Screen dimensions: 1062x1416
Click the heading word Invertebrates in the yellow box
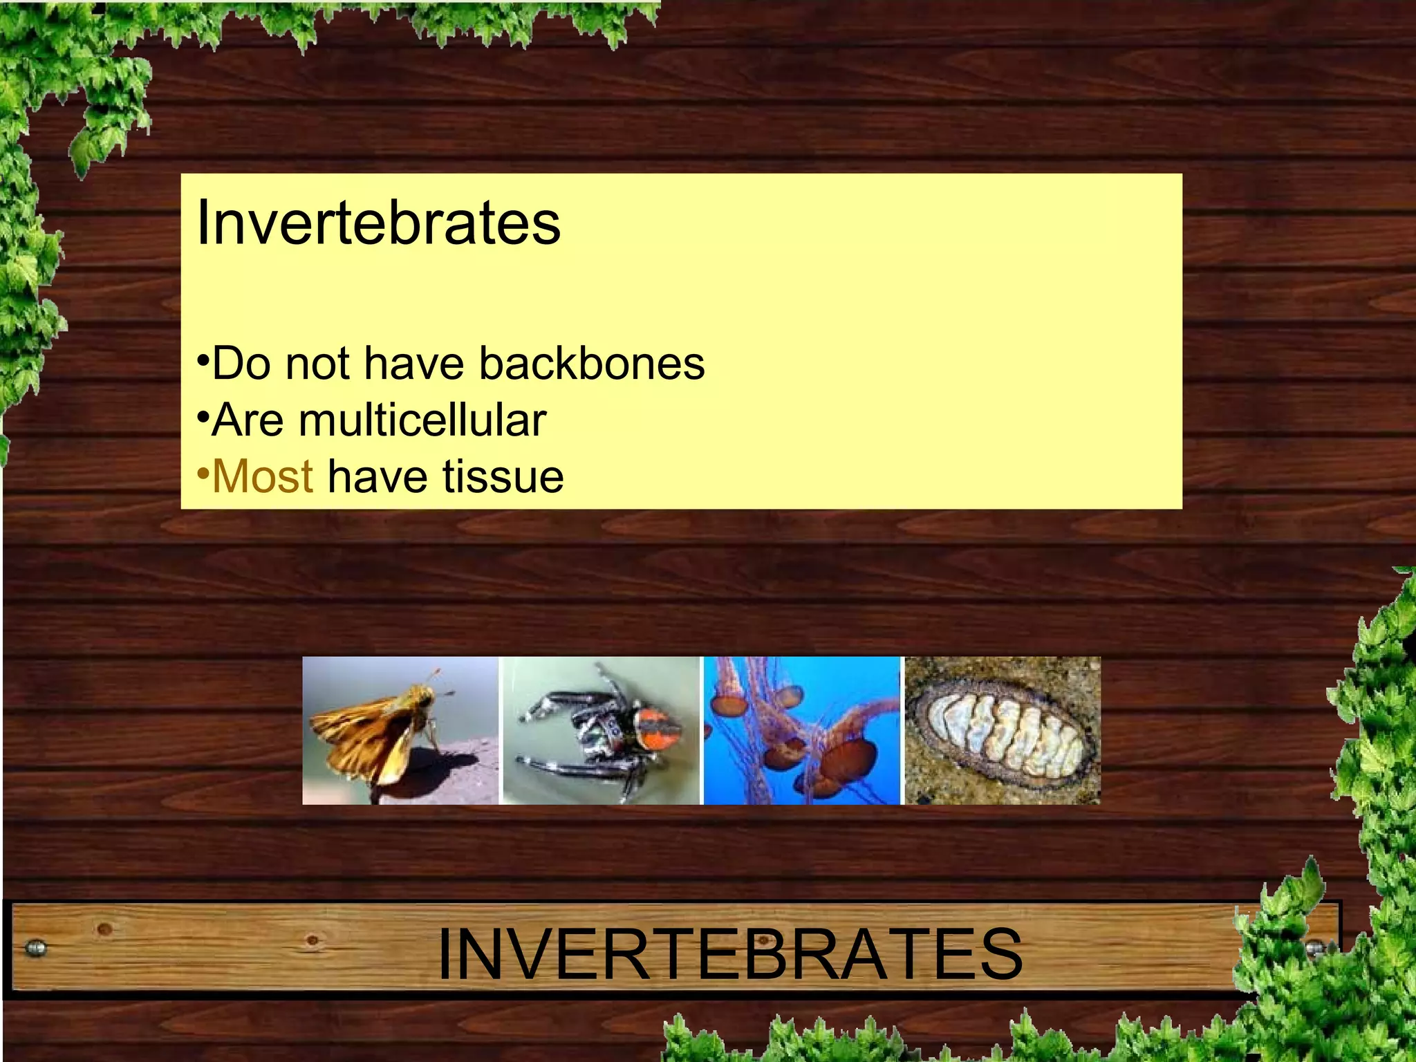[378, 223]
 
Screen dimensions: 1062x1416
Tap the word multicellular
[422, 420]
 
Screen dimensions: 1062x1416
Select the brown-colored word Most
[263, 476]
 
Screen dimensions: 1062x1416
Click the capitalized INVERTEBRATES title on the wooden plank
[729, 954]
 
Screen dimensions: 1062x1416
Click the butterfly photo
[400, 730]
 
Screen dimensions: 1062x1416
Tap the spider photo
[601, 730]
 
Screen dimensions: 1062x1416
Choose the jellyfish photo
[802, 730]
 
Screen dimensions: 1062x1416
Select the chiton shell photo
[1003, 730]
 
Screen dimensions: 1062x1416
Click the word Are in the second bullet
[248, 420]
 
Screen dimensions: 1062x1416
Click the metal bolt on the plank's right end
[1314, 948]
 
